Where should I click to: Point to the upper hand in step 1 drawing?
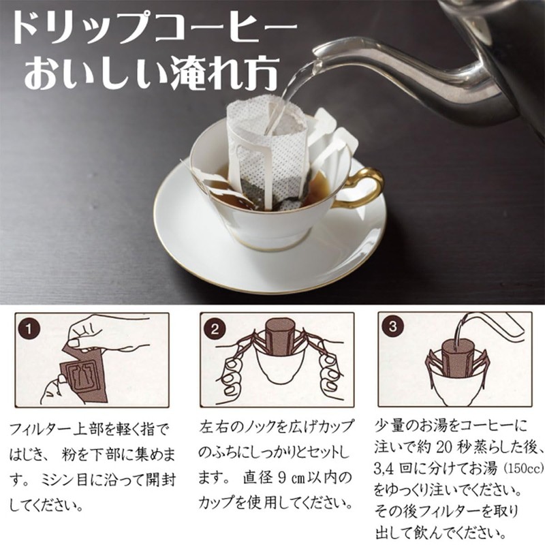click(x=102, y=334)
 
